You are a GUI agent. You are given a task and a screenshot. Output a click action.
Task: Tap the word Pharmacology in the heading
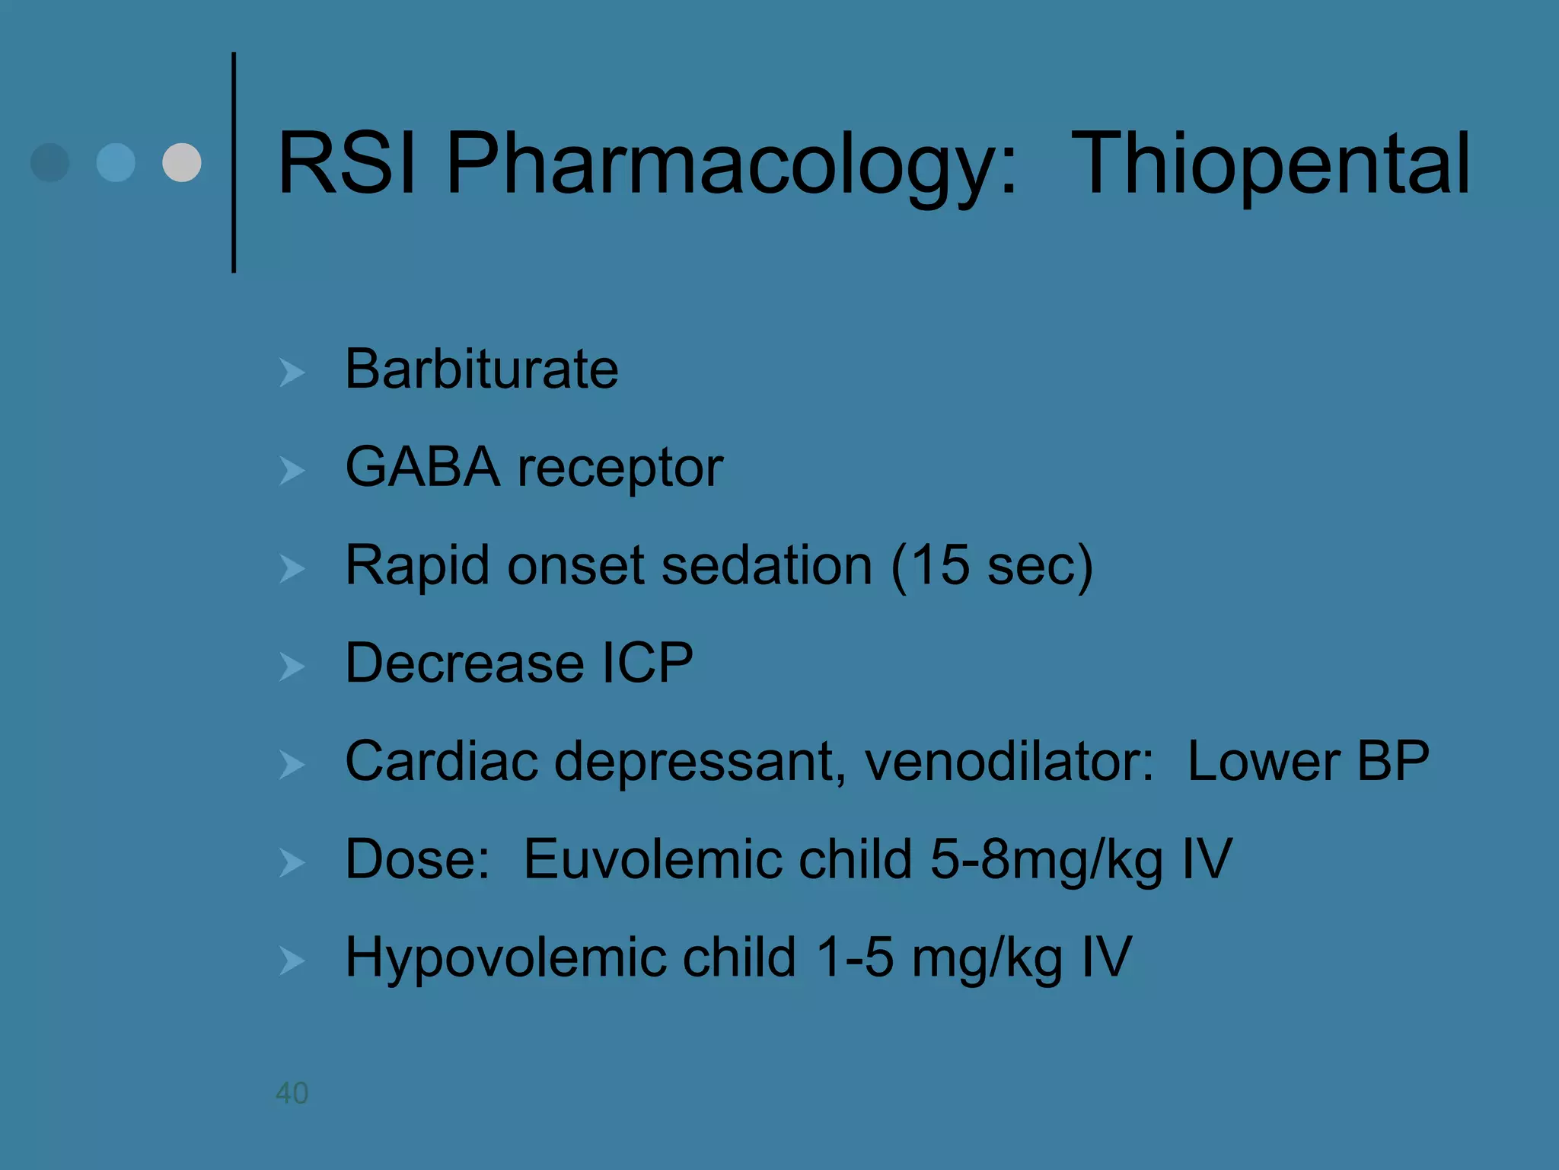coord(731,164)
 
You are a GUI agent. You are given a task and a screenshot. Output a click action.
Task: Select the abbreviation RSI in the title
coord(346,164)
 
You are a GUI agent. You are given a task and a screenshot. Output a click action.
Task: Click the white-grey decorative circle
coord(182,162)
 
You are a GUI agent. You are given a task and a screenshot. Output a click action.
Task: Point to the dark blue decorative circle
coord(50,162)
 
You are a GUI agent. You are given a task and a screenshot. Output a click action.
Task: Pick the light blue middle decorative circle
coord(116,162)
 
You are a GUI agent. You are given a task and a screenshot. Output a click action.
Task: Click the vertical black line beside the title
coord(234,162)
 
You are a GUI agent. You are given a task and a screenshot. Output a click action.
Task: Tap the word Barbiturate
coord(481,369)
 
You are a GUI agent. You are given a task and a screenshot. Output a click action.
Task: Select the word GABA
coord(422,467)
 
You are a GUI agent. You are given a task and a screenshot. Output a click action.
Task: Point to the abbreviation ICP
coord(647,663)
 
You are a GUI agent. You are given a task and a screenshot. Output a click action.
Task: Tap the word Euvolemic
coord(718,859)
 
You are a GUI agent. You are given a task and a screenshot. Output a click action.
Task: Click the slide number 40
coord(292,1093)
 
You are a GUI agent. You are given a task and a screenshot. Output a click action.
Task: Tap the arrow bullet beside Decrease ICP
coord(292,667)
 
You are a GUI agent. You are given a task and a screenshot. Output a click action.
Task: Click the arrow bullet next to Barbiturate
coord(292,372)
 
